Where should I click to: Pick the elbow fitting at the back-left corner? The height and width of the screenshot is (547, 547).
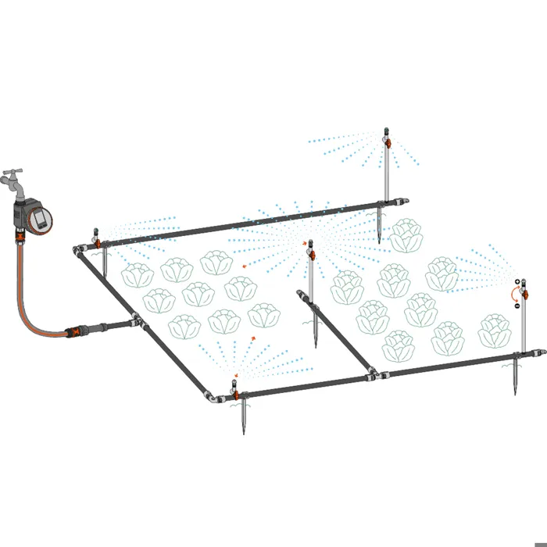(80, 251)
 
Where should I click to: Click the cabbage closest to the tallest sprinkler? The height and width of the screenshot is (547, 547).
(406, 235)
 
